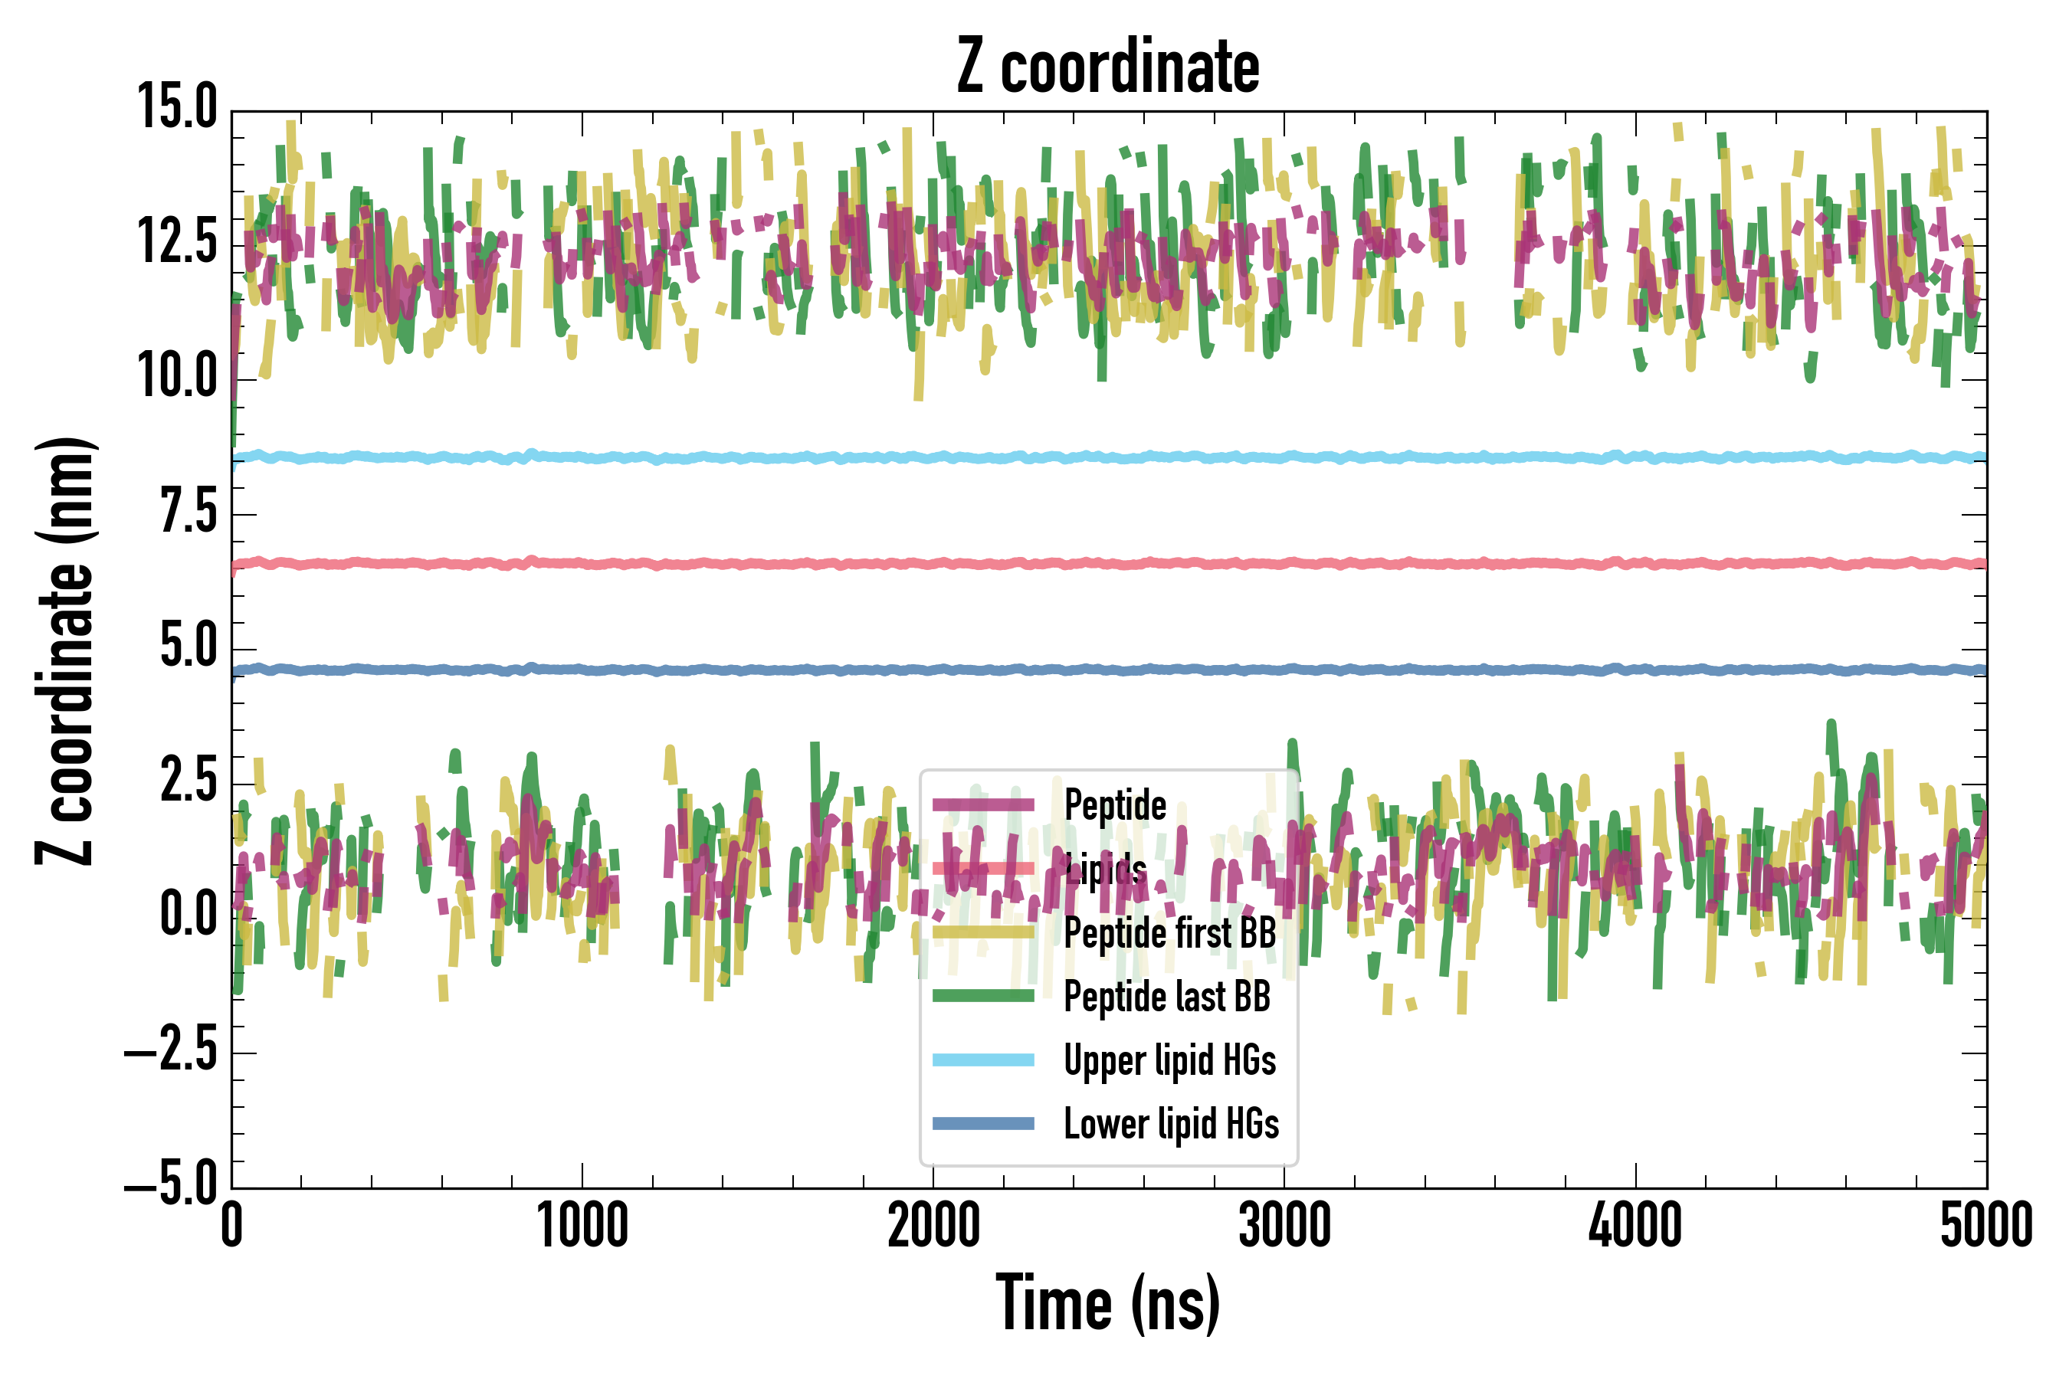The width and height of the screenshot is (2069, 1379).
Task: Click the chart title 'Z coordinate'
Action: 1107,67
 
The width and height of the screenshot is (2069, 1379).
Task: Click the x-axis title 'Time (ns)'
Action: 1107,1303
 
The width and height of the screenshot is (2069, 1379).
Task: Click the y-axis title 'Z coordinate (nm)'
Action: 65,650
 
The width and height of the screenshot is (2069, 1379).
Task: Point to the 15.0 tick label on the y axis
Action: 177,108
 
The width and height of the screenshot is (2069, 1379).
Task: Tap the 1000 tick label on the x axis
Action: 582,1226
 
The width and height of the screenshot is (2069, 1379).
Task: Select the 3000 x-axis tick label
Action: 1284,1226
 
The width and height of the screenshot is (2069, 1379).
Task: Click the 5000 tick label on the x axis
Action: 1986,1226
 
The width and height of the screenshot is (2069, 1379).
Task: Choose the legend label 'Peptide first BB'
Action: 1169,932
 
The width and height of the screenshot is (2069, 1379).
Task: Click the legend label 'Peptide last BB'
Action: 1166,997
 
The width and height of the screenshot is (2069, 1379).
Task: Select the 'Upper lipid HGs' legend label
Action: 1169,1060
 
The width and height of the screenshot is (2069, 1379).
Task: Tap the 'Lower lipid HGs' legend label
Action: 1171,1124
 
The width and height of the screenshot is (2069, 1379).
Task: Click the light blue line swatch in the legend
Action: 982,1060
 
